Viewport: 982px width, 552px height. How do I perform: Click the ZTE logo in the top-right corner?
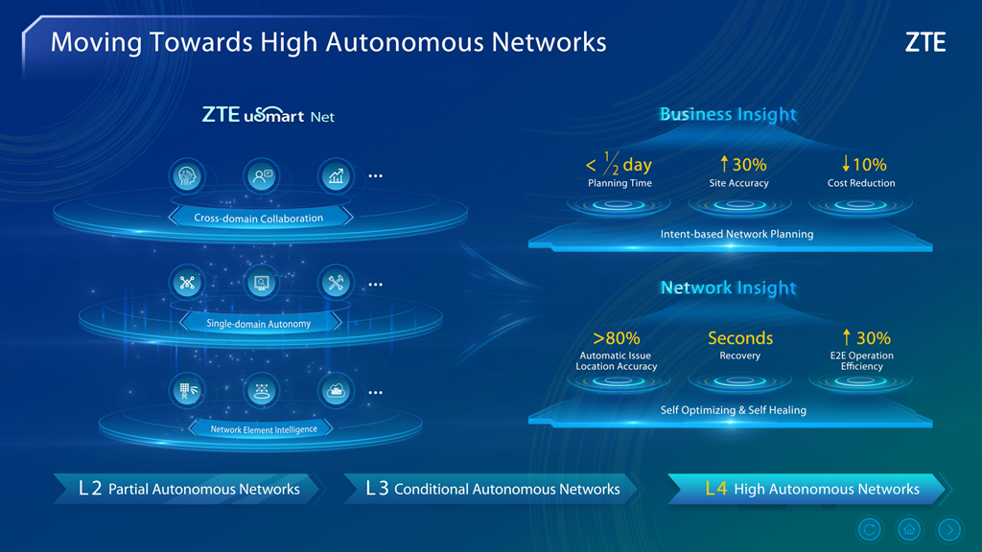[x=924, y=43]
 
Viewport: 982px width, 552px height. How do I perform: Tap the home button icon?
[x=908, y=529]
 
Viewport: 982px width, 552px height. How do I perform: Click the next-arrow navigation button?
[x=948, y=529]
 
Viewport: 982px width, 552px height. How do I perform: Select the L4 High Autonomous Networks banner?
[x=811, y=489]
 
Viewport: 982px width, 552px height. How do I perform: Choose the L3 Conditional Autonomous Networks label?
[x=493, y=489]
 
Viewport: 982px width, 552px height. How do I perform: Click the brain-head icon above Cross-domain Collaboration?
[x=187, y=176]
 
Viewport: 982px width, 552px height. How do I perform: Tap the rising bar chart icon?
[x=336, y=176]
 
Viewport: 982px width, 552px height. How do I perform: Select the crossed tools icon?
[x=336, y=283]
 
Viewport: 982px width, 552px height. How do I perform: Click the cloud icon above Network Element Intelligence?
[x=336, y=391]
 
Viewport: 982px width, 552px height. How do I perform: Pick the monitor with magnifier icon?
[x=261, y=283]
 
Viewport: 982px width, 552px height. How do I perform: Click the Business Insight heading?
[x=728, y=115]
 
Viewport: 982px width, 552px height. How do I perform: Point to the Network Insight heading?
[x=728, y=287]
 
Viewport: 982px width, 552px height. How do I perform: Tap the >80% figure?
[x=617, y=338]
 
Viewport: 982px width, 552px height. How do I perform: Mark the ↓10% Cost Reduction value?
[x=861, y=165]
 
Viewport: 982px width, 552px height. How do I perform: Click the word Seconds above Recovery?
[x=739, y=338]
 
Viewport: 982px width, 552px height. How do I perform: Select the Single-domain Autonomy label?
[x=259, y=324]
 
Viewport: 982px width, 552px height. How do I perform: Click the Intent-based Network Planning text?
[x=736, y=235]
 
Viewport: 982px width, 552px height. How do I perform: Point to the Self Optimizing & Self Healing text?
[x=733, y=410]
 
